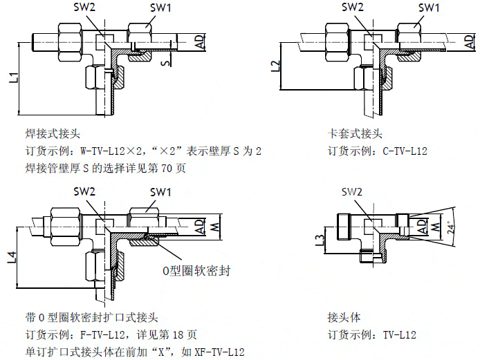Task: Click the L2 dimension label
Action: click(276, 67)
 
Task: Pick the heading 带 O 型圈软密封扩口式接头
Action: click(91, 318)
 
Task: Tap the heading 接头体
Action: click(344, 318)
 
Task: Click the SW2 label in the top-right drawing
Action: click(353, 8)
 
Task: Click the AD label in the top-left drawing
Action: click(199, 41)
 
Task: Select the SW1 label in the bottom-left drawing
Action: click(161, 192)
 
